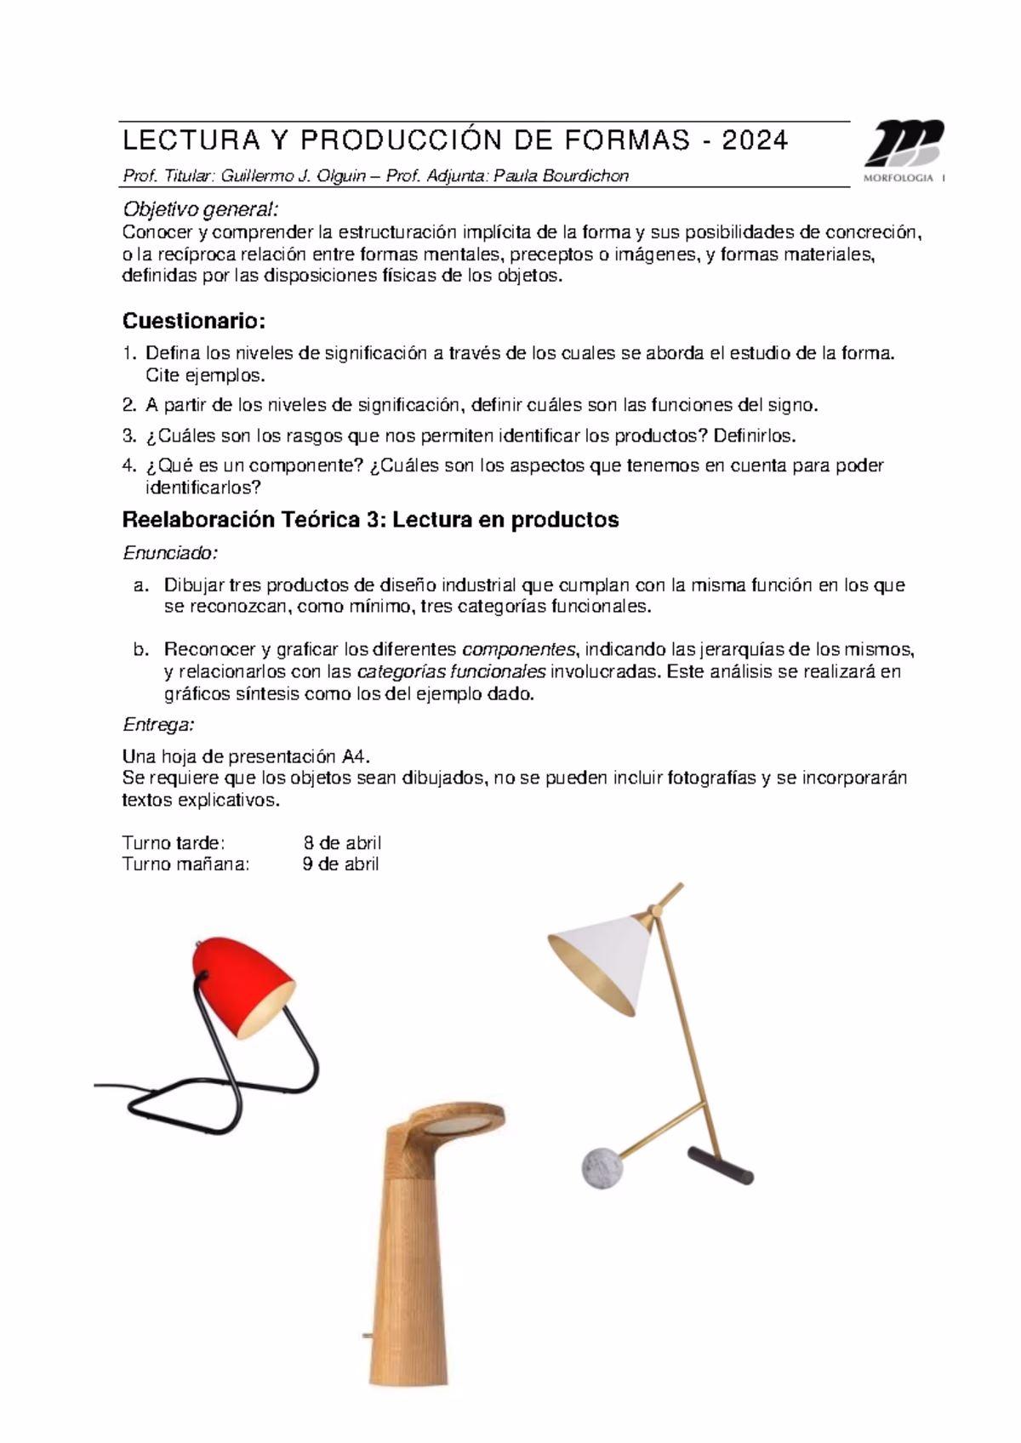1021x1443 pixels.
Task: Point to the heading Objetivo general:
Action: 201,209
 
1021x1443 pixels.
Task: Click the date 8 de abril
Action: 342,843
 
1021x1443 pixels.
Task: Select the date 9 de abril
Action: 341,864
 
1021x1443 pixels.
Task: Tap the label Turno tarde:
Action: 174,843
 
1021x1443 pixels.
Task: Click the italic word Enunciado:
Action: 170,553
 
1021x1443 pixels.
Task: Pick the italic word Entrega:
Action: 159,725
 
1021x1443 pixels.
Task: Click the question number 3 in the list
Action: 128,436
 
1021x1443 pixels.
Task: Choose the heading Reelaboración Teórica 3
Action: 370,520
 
